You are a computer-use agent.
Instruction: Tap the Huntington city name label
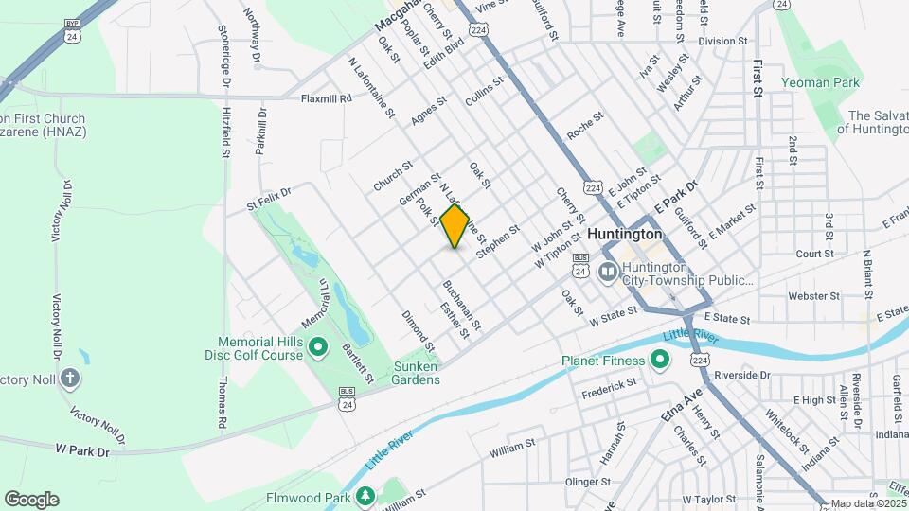(624, 233)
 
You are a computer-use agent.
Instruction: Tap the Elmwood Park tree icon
(365, 497)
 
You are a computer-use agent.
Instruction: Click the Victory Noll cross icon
(69, 379)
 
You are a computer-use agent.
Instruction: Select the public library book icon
(608, 273)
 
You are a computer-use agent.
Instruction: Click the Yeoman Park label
(820, 82)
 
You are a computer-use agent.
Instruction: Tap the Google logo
(31, 500)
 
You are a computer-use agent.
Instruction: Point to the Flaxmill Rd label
(326, 97)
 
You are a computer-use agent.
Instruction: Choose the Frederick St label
(609, 387)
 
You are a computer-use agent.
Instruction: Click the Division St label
(723, 42)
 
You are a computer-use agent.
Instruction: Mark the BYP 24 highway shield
(72, 31)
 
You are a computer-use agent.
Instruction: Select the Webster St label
(809, 296)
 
